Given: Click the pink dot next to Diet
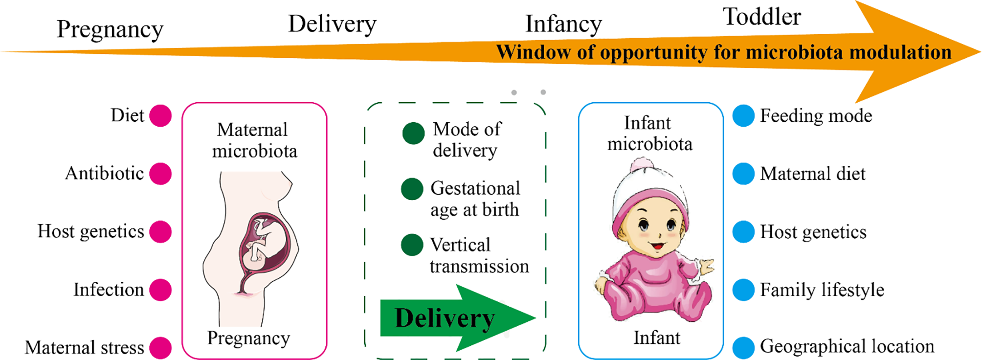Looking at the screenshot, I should [160, 116].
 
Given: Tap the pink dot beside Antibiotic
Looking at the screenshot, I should [160, 174].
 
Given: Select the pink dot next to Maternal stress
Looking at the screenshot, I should [160, 348].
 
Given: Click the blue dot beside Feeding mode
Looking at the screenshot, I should [743, 116].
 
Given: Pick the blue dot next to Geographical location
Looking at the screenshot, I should [743, 347].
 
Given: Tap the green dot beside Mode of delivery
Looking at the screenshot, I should [413, 133].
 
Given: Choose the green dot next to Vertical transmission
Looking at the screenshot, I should [412, 245].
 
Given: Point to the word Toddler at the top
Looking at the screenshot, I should [762, 17].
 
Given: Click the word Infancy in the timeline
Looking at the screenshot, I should [563, 24].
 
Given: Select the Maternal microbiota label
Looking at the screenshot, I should [254, 140].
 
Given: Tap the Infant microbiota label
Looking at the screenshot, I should [649, 134].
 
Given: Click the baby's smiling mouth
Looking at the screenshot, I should [658, 244].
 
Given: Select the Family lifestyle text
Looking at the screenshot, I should [822, 290].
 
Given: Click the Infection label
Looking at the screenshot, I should [109, 290].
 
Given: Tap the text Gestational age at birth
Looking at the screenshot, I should [474, 199].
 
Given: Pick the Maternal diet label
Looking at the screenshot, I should [812, 174].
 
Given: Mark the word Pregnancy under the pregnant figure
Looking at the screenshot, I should [248, 338].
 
